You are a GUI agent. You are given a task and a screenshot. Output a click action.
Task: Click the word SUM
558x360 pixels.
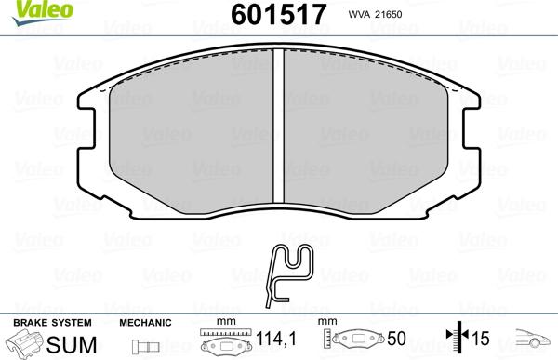click(x=66, y=343)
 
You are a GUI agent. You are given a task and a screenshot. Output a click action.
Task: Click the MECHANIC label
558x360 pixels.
click(x=145, y=322)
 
